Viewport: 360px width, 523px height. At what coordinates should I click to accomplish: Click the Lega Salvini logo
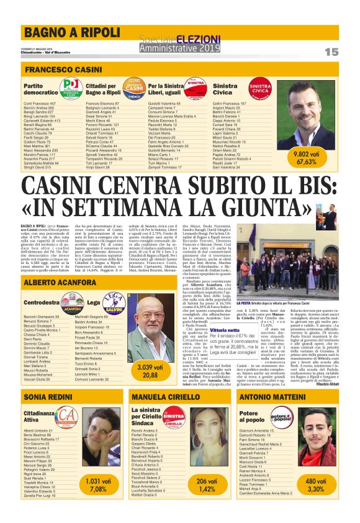click(114, 302)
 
